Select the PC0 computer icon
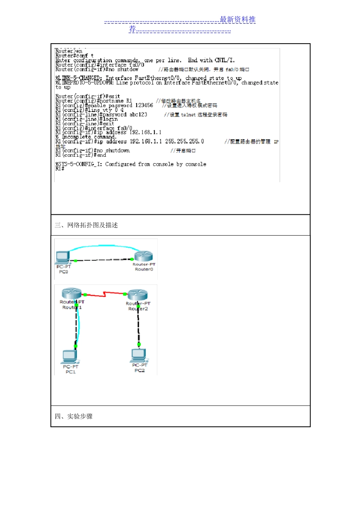pos(63,258)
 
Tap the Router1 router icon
pos(71,293)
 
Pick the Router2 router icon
pos(138,295)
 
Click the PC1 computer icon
pos(70,356)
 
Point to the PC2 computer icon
pos(139,355)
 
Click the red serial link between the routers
pos(105,294)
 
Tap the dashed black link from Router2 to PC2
pos(138,326)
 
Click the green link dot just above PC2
pos(139,344)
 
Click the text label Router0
pos(144,269)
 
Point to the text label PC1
pos(70,372)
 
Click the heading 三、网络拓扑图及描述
pos(86,225)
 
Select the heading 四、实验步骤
pos(74,417)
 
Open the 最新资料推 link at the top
pos(238,20)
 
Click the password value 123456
pos(144,105)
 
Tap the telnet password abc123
pos(138,114)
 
